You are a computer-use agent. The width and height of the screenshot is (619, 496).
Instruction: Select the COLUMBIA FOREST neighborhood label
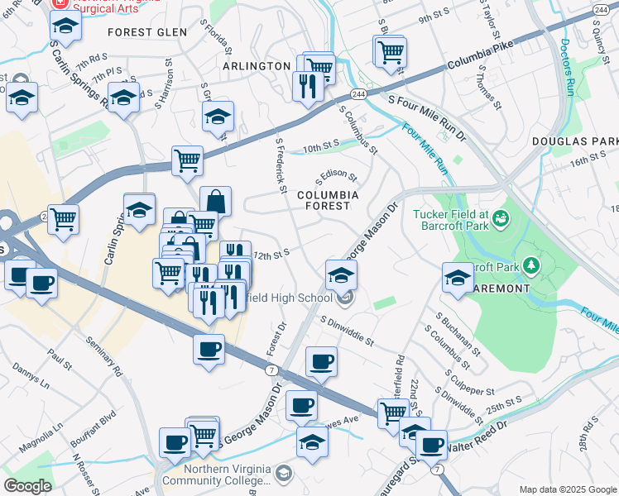(x=329, y=200)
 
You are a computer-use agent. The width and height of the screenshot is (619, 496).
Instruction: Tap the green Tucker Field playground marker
(x=500, y=219)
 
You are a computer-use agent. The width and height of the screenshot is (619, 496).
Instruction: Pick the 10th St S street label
(x=322, y=145)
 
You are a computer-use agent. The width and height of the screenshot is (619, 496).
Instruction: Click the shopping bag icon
(x=215, y=202)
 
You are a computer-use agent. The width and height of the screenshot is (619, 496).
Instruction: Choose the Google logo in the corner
(x=27, y=486)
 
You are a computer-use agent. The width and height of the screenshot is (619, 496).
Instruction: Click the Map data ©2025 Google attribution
(x=568, y=489)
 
